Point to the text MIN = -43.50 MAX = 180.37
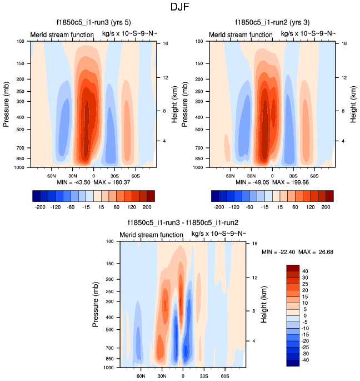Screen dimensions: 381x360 [93, 182]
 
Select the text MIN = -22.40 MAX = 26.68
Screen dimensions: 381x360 [297, 253]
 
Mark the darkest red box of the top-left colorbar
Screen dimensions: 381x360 [151, 195]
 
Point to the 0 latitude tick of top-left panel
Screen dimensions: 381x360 [93, 175]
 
